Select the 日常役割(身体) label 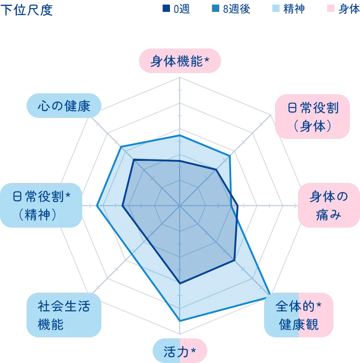pos(313,117)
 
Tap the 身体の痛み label pos(328,206)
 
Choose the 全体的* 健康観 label pos(299,316)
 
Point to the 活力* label pos(180,351)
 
